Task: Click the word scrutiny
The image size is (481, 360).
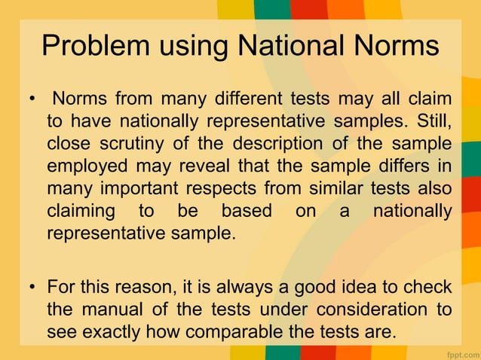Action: (x=137, y=142)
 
